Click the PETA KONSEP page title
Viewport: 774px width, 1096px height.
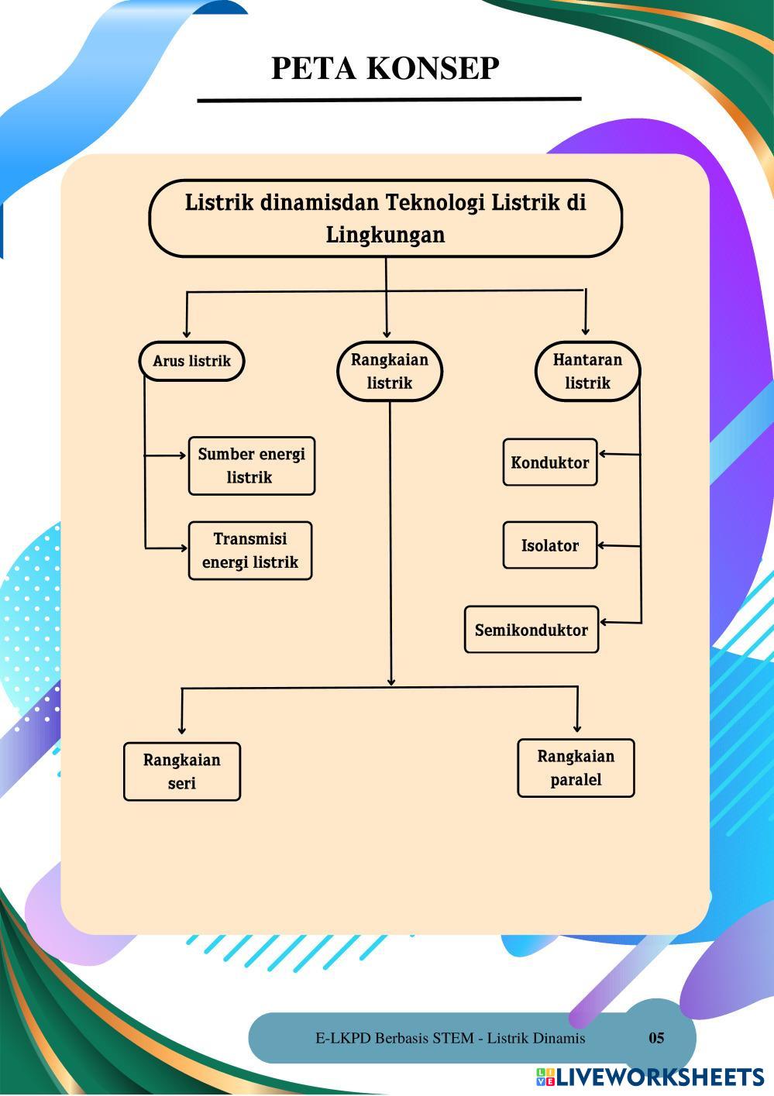coord(385,68)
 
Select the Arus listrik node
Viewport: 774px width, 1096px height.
coord(192,361)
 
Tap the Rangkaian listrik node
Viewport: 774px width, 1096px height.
coord(390,371)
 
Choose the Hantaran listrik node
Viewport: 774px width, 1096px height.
coord(587,371)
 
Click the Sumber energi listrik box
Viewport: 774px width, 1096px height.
coord(252,466)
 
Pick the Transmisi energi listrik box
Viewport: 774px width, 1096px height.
coord(250,551)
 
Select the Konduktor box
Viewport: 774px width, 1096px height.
coord(550,462)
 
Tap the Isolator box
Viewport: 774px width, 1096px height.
coord(550,545)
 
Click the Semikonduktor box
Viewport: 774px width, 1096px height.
coord(531,630)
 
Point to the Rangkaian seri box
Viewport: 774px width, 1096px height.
coord(182,771)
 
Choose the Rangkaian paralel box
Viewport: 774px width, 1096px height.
coord(576,768)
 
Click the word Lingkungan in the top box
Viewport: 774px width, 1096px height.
coord(385,235)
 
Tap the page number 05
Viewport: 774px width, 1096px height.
coord(656,1038)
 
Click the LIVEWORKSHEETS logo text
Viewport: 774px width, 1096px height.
coord(659,1077)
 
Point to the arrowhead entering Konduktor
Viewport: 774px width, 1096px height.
coord(603,454)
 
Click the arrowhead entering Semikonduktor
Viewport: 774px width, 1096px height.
coord(604,622)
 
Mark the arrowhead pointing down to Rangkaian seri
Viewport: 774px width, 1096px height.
coord(182,730)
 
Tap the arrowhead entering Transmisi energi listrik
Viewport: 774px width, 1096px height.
coord(184,548)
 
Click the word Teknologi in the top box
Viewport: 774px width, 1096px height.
coord(435,203)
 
